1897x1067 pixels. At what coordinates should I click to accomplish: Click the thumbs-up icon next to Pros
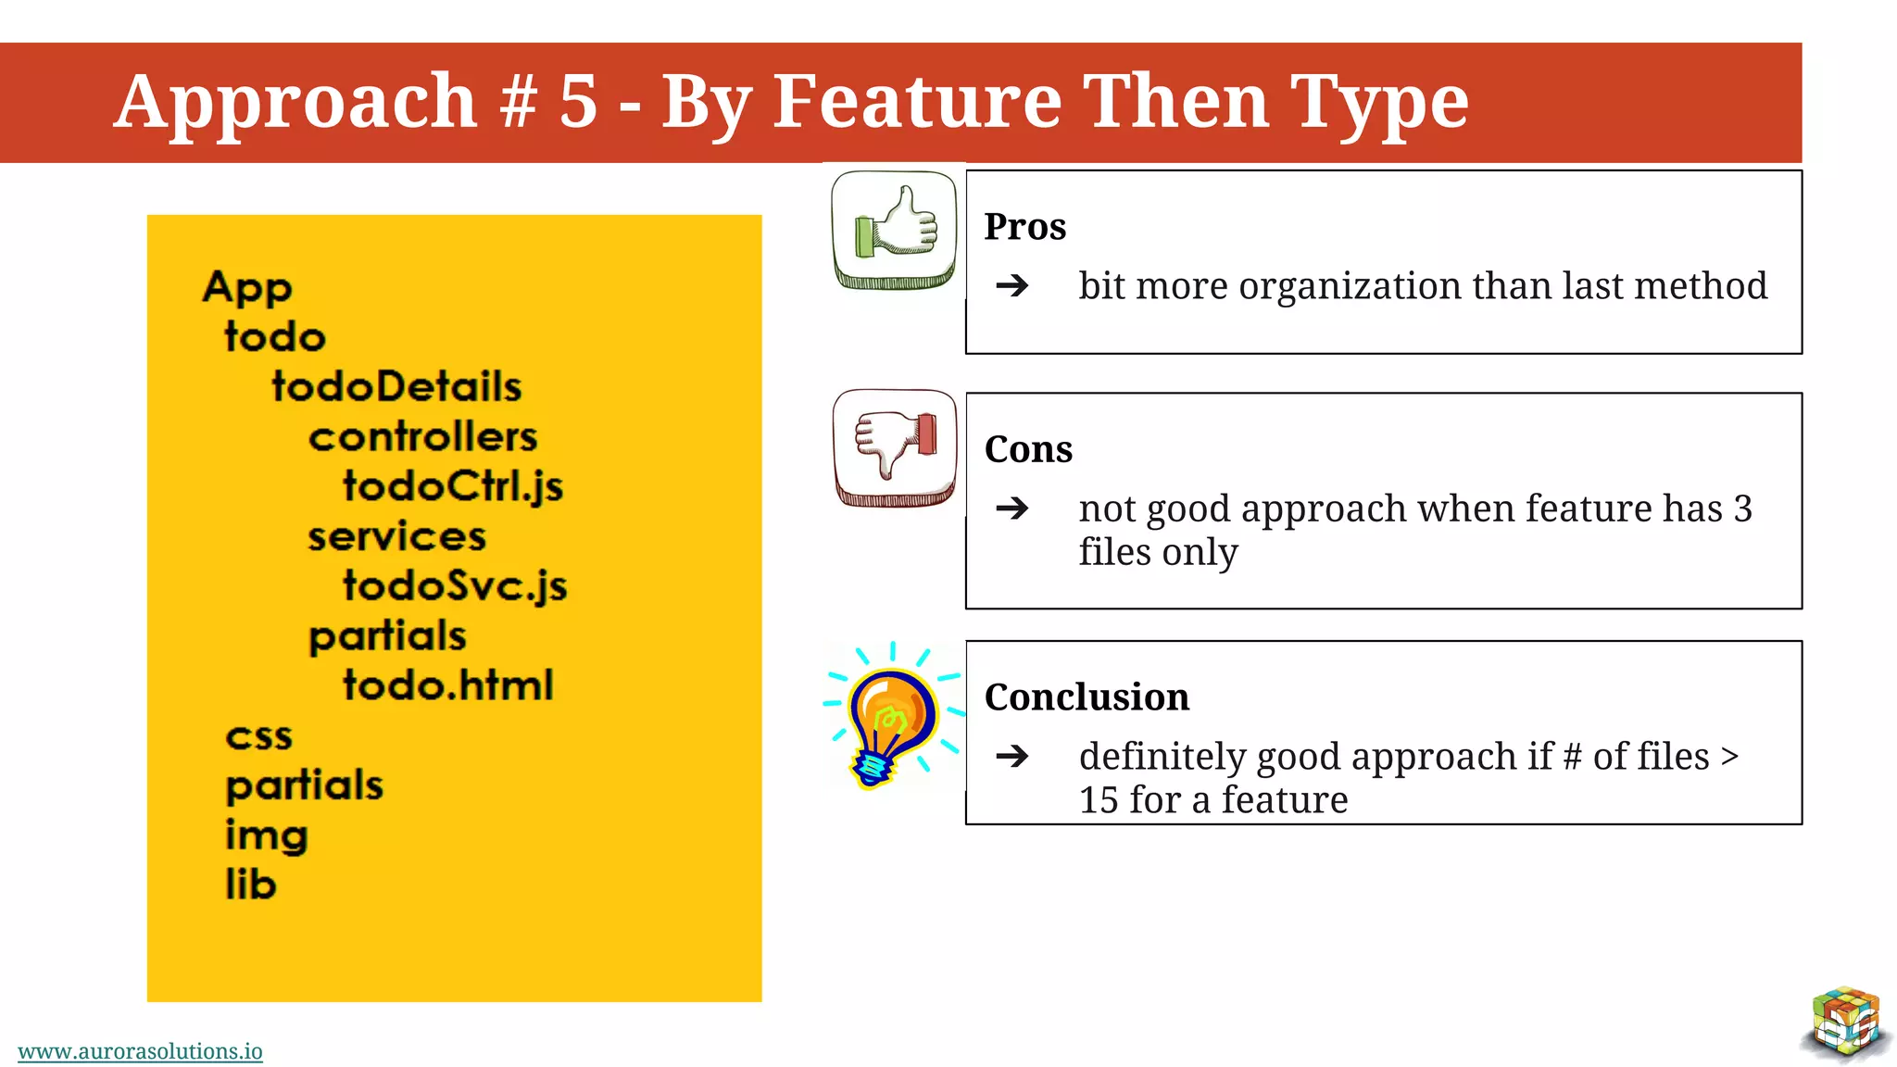(x=895, y=229)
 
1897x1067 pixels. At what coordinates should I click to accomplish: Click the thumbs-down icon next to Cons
(x=895, y=447)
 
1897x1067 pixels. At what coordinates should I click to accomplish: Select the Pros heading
(x=1024, y=226)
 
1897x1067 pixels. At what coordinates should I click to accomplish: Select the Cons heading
(x=1028, y=449)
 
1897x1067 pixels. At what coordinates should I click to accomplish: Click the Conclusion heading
(x=1087, y=697)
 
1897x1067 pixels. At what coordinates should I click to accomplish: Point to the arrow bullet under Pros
(x=1012, y=285)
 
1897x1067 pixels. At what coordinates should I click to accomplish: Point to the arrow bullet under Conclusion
(x=1012, y=756)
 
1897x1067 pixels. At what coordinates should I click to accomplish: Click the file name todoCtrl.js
(x=453, y=486)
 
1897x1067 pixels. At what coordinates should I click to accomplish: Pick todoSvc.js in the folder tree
(x=455, y=585)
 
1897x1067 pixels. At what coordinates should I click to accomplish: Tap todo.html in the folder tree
(x=448, y=685)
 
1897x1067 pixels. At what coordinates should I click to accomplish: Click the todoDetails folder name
(x=396, y=386)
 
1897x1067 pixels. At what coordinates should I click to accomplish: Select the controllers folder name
(x=422, y=436)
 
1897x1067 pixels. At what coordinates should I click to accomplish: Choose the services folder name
(x=396, y=536)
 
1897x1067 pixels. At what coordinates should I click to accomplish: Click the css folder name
(x=258, y=736)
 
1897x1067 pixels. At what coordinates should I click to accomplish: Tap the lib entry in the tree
(x=251, y=885)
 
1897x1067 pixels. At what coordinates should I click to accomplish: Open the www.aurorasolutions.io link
(x=140, y=1051)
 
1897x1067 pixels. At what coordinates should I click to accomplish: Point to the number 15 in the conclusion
(x=1099, y=800)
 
